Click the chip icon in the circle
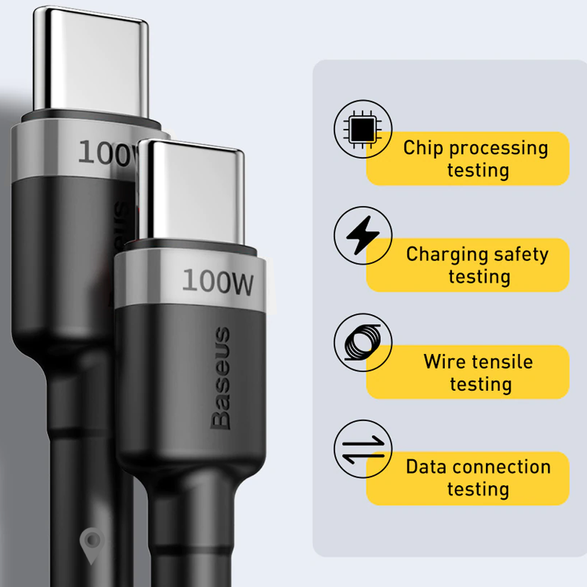coord(363,129)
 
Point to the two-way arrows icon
coord(363,449)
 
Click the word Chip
coord(421,148)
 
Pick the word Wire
coord(444,361)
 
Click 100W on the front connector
coord(218,282)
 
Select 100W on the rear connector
coord(107,153)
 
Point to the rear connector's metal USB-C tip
coord(88,59)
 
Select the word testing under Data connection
coord(478,489)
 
